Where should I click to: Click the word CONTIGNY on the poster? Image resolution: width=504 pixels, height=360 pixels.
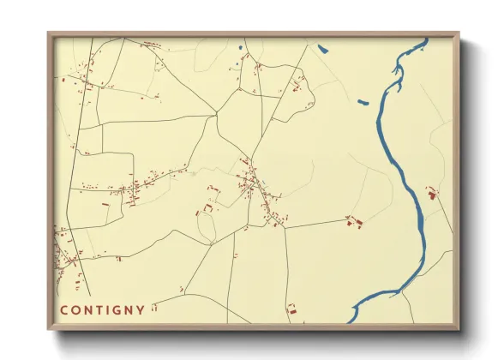(102, 309)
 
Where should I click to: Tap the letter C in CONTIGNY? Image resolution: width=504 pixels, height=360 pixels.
(63, 309)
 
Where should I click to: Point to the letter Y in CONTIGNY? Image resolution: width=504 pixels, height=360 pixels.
(141, 309)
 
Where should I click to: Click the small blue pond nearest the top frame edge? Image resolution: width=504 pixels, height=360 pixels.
(322, 48)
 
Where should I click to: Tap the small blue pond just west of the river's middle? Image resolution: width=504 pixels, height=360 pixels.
(363, 104)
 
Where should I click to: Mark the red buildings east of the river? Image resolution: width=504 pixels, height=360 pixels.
(431, 193)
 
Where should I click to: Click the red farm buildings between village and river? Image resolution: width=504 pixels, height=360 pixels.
(354, 222)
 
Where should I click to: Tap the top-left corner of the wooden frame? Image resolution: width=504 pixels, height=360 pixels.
(49, 34)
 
